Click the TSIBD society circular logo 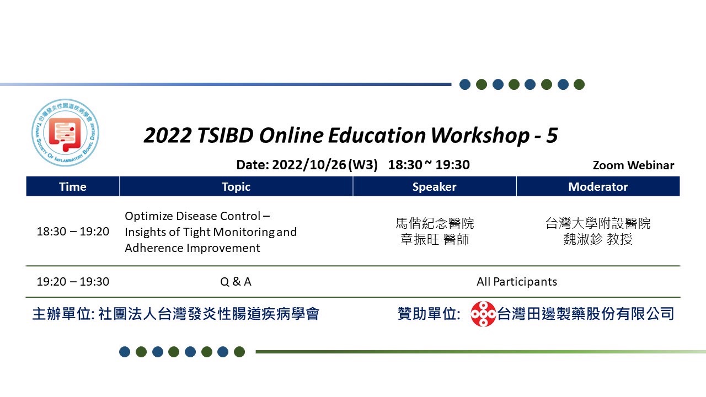tap(65, 133)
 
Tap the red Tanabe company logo tap(483, 314)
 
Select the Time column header tap(73, 186)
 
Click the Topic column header tap(236, 186)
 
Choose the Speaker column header tap(435, 186)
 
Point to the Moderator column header tap(598, 186)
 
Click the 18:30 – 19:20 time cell tap(73, 232)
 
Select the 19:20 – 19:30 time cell tap(73, 282)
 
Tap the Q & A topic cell tap(236, 282)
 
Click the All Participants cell tap(517, 282)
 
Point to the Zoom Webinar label tap(634, 165)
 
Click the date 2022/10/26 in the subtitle tap(309, 165)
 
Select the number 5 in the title tap(552, 136)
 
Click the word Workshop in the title tap(480, 136)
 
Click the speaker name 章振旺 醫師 tap(435, 239)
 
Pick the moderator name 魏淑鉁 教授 tap(598, 239)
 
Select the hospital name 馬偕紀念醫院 tap(435, 223)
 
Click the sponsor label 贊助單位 tap(429, 314)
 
